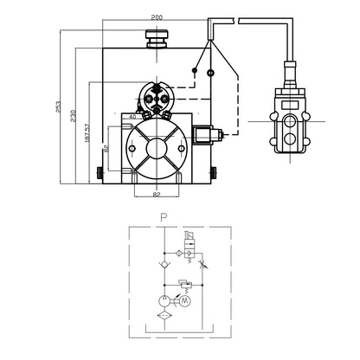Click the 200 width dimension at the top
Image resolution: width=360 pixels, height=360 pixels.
pos(157,17)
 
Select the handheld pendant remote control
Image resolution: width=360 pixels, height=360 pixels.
pos(288,117)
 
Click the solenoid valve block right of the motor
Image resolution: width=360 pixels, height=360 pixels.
pos(209,136)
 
